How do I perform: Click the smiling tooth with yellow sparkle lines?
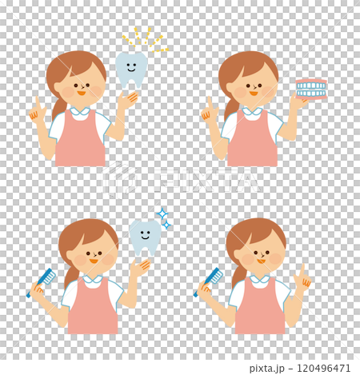[131, 70]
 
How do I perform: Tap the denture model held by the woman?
[311, 89]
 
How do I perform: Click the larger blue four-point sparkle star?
[162, 213]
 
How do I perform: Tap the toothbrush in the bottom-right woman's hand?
[209, 281]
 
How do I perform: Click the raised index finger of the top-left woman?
[38, 103]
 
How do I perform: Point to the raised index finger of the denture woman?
[210, 103]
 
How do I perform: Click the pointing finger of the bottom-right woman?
[302, 270]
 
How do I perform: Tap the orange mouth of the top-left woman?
[82, 93]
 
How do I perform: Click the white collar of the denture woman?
[253, 111]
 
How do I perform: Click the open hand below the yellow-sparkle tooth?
[128, 100]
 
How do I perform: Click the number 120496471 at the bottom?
[323, 368]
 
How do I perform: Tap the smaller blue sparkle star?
[166, 225]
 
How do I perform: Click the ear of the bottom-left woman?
[70, 255]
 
